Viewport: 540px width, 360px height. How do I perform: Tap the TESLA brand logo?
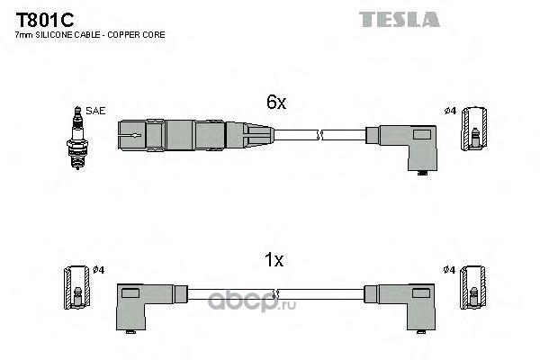point(400,19)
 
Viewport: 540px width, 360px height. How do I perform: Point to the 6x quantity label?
point(274,103)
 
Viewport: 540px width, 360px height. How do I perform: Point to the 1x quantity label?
point(274,261)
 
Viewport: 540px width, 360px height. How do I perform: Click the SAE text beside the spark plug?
point(96,111)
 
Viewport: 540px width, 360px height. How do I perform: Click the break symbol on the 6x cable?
point(319,136)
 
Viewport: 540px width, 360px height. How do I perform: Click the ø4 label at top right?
point(451,111)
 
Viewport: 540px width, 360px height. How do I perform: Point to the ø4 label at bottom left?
point(98,269)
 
